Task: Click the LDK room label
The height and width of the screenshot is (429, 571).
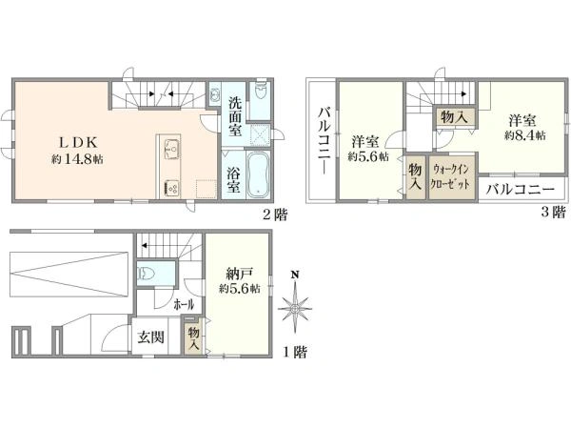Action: pos(78,142)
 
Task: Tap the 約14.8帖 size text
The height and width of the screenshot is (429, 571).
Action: pos(77,159)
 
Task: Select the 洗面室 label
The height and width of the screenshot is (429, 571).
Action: pos(235,116)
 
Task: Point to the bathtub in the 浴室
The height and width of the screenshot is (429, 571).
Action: pos(259,175)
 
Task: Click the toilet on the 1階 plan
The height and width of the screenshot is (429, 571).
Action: pos(146,273)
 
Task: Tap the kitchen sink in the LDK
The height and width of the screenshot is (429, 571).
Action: pos(171,150)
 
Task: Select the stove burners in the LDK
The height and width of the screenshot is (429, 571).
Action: pos(171,189)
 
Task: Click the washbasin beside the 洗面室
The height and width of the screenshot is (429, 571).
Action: pos(215,94)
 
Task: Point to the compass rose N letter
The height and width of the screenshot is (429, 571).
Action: pos(295,275)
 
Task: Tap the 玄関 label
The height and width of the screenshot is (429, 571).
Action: pos(150,337)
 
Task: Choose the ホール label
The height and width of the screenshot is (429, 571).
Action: pos(184,304)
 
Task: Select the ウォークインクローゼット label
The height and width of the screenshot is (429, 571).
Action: pos(450,177)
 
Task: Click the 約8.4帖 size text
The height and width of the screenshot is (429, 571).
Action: pos(524,135)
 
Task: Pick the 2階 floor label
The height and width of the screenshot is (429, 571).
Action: pos(276,214)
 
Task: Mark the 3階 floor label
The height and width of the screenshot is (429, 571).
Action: pos(553,212)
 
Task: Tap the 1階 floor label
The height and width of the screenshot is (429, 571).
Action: pos(295,353)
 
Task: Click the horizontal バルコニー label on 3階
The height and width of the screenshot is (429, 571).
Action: pos(522,190)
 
